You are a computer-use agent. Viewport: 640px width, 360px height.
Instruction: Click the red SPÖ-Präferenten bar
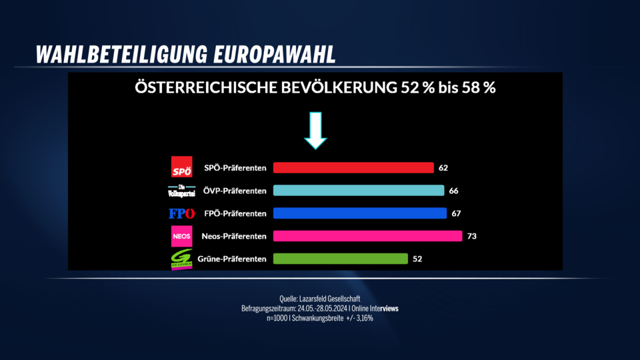click(353, 167)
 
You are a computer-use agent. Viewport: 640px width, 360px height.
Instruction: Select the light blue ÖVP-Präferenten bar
click(359, 191)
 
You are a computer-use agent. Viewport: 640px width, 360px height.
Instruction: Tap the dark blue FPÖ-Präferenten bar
click(360, 213)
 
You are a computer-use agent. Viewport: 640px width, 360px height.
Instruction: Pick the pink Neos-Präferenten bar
click(367, 236)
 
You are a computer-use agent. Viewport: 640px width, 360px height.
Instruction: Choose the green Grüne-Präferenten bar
click(340, 259)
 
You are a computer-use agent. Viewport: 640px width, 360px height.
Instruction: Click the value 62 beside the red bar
click(443, 167)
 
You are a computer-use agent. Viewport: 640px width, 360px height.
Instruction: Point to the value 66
click(454, 191)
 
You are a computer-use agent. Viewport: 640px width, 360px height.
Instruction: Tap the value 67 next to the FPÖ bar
click(456, 213)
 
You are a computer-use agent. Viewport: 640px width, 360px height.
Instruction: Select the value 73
click(472, 236)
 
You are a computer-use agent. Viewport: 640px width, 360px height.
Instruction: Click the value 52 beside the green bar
click(417, 259)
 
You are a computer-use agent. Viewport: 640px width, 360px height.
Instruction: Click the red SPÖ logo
click(182, 167)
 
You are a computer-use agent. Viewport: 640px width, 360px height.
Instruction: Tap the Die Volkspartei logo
click(181, 191)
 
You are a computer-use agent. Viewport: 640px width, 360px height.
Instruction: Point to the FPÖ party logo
click(181, 213)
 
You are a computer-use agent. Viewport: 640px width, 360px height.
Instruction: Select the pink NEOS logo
click(181, 236)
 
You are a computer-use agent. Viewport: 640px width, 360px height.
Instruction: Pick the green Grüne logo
click(181, 259)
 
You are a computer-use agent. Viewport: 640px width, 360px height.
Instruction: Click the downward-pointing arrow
click(315, 129)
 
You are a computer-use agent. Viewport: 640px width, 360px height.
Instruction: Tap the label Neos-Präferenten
click(234, 236)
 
